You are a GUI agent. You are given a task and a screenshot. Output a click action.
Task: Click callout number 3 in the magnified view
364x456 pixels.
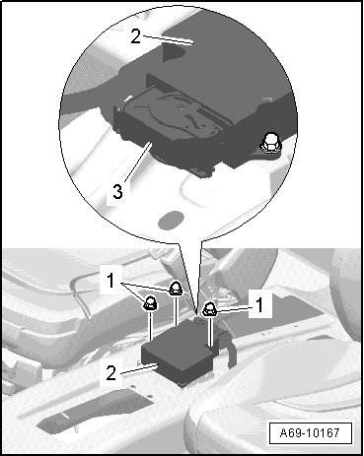pyautogui.click(x=117, y=191)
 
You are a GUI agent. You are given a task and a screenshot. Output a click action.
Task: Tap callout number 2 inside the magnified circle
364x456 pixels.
pyautogui.click(x=136, y=36)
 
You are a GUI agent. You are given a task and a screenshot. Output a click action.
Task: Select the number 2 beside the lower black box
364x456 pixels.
pyautogui.click(x=111, y=372)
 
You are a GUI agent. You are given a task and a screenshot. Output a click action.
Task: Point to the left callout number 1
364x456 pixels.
pyautogui.click(x=110, y=282)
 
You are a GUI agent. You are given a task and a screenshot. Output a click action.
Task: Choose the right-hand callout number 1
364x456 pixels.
pyautogui.click(x=259, y=304)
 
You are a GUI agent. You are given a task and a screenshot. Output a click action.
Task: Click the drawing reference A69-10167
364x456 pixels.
pyautogui.click(x=310, y=432)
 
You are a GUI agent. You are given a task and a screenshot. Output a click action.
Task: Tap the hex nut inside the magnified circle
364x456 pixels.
pyautogui.click(x=270, y=144)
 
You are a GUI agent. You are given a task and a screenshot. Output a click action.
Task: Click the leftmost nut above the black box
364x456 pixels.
pyautogui.click(x=150, y=302)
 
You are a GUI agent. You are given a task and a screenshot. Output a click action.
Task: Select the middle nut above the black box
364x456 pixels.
pyautogui.click(x=176, y=289)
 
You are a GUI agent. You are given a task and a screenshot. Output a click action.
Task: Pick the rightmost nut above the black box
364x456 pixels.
pyautogui.click(x=209, y=309)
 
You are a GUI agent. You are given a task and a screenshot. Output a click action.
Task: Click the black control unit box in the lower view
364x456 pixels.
pyautogui.click(x=178, y=353)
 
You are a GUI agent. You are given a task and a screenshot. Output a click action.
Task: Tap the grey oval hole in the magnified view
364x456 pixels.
pyautogui.click(x=171, y=220)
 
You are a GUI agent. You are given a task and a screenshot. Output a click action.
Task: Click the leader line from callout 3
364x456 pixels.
pyautogui.click(x=138, y=162)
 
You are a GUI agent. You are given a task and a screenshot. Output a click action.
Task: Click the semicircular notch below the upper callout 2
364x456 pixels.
pyautogui.click(x=174, y=52)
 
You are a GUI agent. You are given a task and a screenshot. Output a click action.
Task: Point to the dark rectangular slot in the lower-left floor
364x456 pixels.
pyautogui.click(x=96, y=411)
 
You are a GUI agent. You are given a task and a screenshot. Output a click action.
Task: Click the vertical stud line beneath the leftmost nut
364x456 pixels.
pyautogui.click(x=151, y=326)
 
